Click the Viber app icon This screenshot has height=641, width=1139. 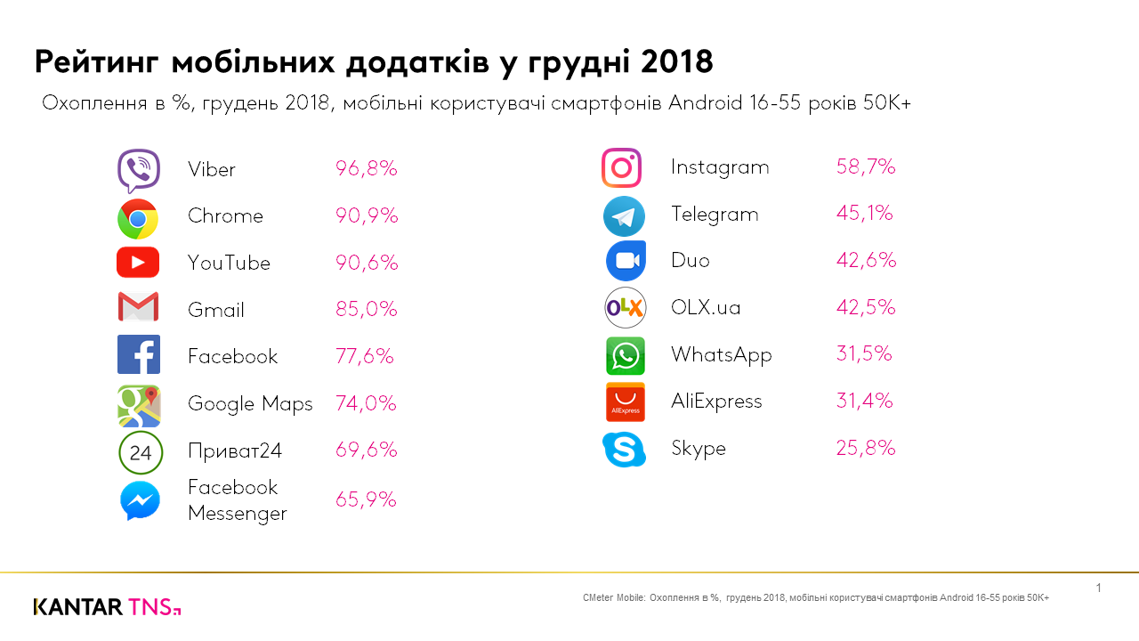pyautogui.click(x=139, y=170)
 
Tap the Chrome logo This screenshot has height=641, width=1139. pyautogui.click(x=138, y=218)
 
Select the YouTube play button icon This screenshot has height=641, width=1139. pyautogui.click(x=138, y=263)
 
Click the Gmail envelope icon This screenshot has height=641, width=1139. pyautogui.click(x=138, y=307)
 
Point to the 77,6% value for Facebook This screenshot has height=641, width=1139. pyautogui.click(x=365, y=356)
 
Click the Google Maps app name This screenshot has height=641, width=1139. pyautogui.click(x=250, y=403)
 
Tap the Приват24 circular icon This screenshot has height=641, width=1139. pyautogui.click(x=141, y=452)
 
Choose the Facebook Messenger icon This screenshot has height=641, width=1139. pyautogui.click(x=140, y=500)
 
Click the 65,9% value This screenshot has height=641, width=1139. pyautogui.click(x=366, y=500)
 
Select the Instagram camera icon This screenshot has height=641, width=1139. pyautogui.click(x=621, y=167)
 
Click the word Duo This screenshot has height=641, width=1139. pyautogui.click(x=691, y=261)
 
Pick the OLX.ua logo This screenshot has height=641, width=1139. pyautogui.click(x=625, y=308)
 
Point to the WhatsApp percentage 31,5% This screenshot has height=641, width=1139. pyautogui.click(x=864, y=354)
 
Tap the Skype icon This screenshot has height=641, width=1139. pyautogui.click(x=624, y=450)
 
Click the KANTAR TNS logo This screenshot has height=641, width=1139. pyautogui.click(x=107, y=607)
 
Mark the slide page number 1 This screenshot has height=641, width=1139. pyautogui.click(x=1099, y=588)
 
